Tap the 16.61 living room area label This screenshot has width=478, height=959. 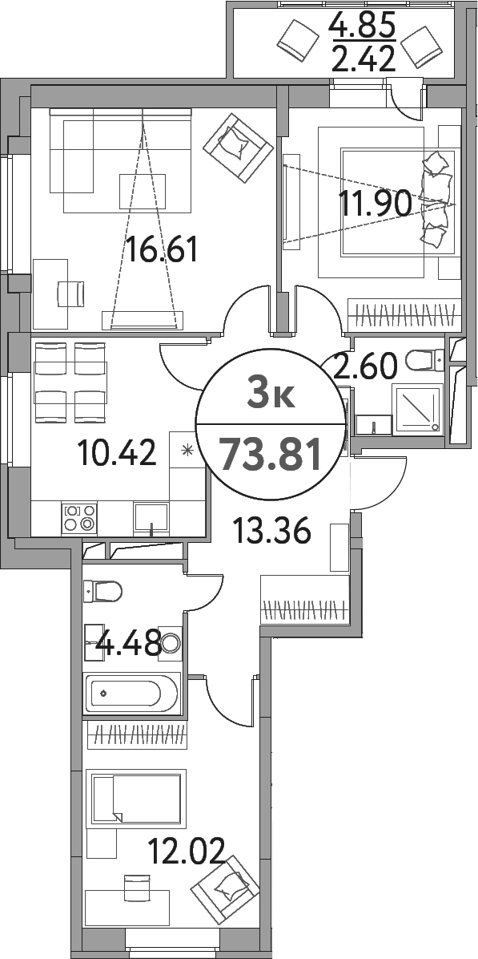click(161, 249)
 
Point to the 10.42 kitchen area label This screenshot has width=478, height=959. click(117, 453)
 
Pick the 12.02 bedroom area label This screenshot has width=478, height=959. click(187, 851)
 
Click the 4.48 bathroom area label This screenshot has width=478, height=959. click(131, 643)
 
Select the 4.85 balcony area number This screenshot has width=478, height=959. click(362, 26)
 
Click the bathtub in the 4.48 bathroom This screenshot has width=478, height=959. click(132, 692)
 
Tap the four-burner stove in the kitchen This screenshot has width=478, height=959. click(79, 518)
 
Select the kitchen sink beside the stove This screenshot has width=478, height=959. click(151, 519)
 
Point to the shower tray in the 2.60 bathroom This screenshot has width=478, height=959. click(417, 409)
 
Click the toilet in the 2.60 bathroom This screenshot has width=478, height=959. click(425, 360)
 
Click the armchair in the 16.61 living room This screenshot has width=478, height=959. click(238, 148)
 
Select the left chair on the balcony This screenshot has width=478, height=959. click(298, 40)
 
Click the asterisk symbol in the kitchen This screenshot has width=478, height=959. click(187, 452)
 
